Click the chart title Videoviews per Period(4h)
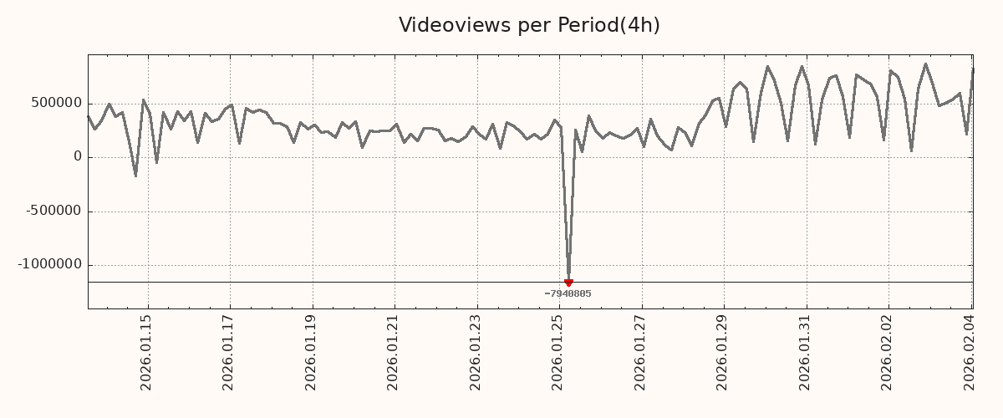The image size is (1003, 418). [529, 26]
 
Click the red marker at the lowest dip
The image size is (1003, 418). [568, 283]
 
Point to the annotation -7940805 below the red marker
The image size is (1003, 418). [568, 293]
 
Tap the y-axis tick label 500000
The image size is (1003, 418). [57, 104]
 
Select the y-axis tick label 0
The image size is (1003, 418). [78, 157]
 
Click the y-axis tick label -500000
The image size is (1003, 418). [53, 211]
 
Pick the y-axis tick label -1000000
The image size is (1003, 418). [50, 264]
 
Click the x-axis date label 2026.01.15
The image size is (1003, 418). [147, 352]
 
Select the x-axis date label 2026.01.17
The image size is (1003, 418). [229, 352]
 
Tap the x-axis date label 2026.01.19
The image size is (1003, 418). [312, 352]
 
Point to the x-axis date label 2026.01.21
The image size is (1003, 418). [394, 352]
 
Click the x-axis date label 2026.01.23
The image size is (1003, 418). [476, 352]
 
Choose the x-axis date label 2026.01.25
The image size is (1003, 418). [558, 352]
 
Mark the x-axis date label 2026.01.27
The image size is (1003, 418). [640, 352]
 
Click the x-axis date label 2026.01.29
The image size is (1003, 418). [723, 352]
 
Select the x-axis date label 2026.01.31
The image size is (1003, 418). [805, 352]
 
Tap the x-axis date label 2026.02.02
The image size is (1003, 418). [888, 352]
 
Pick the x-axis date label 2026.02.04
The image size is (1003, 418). [970, 352]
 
